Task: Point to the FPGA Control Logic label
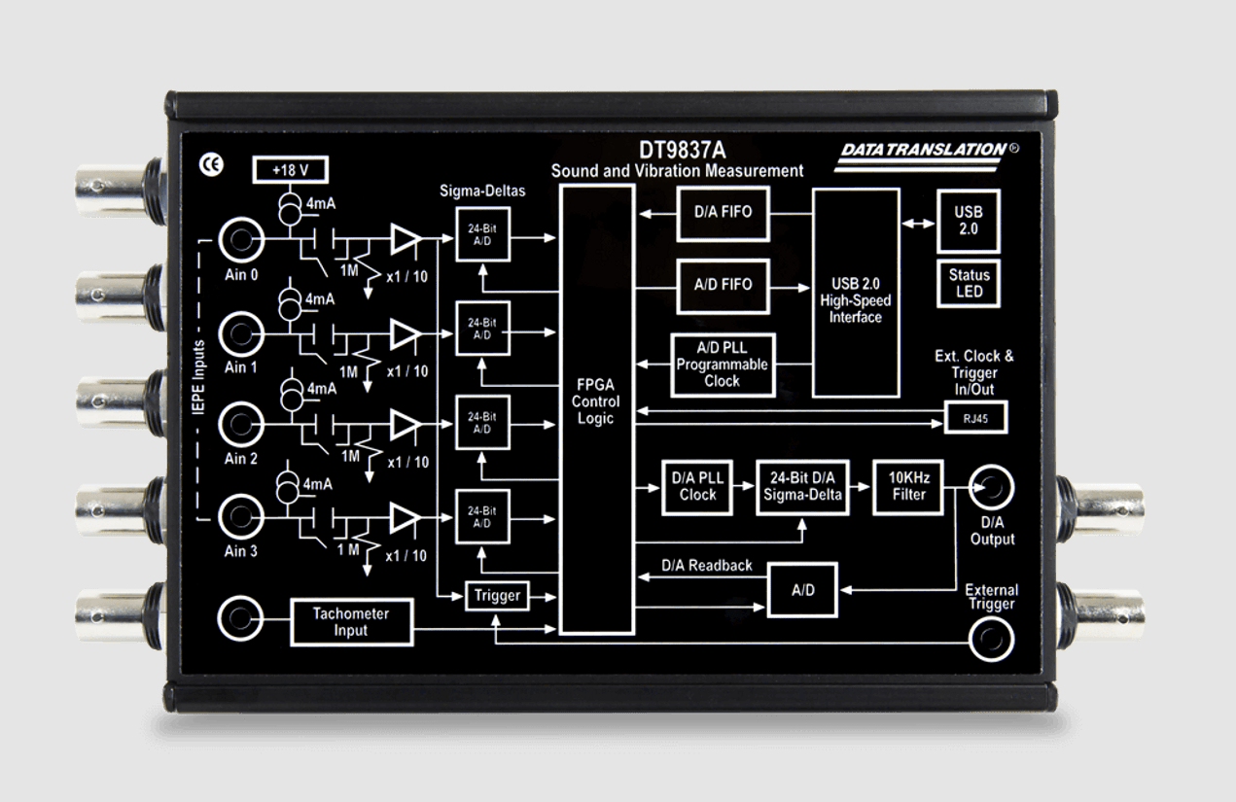(596, 401)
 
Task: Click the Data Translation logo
(927, 157)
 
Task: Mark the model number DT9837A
(683, 150)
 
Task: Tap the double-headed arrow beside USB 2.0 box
(918, 224)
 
